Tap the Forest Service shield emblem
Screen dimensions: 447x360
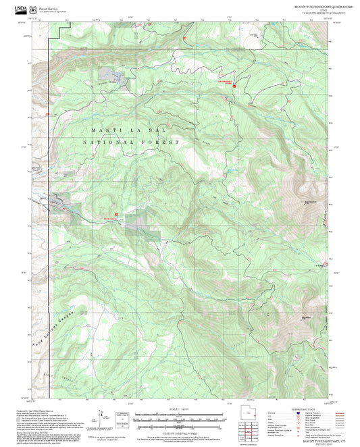click(35, 9)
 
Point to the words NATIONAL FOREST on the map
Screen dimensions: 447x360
click(131, 142)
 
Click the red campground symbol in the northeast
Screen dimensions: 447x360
click(234, 87)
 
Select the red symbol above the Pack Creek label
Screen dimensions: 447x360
click(116, 214)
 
